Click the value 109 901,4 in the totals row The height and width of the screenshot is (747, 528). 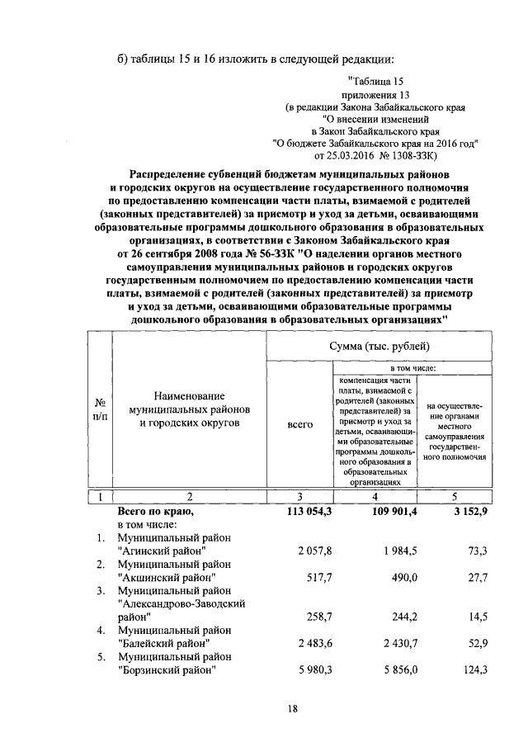tap(375, 512)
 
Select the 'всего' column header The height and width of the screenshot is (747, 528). tap(299, 423)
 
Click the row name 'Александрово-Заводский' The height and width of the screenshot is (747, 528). tap(182, 603)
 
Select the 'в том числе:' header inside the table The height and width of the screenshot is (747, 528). tap(413, 367)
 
